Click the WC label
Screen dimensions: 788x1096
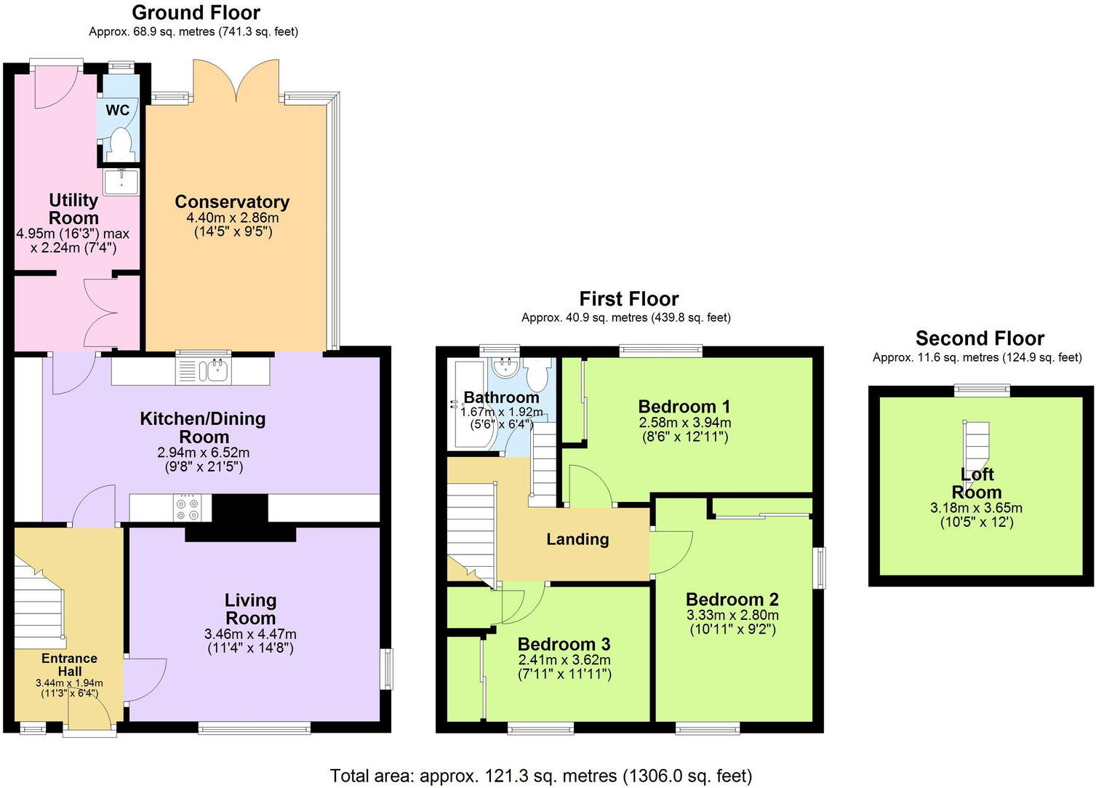(x=117, y=110)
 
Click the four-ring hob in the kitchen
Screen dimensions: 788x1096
(x=188, y=508)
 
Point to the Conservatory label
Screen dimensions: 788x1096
(x=232, y=202)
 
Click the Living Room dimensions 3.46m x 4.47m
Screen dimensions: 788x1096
(x=250, y=634)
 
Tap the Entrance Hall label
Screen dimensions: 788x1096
(x=69, y=664)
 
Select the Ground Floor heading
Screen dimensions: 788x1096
(x=196, y=12)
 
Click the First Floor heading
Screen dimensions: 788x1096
(x=628, y=298)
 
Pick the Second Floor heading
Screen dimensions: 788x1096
(x=980, y=338)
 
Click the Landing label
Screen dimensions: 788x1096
(x=577, y=539)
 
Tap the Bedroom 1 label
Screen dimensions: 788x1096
(x=684, y=406)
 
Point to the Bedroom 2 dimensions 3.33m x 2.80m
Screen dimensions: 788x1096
(x=732, y=616)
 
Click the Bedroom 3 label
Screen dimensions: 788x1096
(x=564, y=644)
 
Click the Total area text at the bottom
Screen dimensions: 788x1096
(x=540, y=776)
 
